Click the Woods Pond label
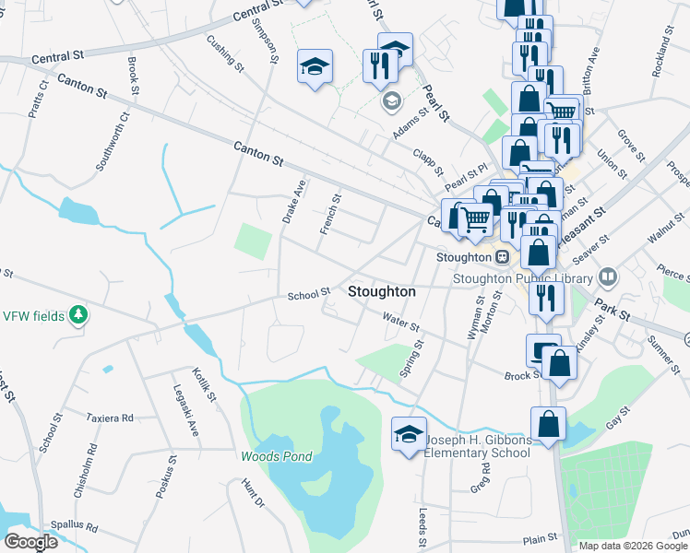pyautogui.click(x=277, y=456)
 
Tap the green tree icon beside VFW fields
pyautogui.click(x=79, y=316)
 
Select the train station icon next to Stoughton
pyautogui.click(x=503, y=257)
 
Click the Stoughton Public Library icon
pyautogui.click(x=607, y=276)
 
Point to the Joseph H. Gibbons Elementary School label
pyautogui.click(x=477, y=447)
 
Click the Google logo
pyautogui.click(x=30, y=541)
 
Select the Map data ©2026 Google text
pyautogui.click(x=633, y=546)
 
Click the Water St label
pyautogui.click(x=401, y=323)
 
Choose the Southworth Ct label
pyautogui.click(x=113, y=143)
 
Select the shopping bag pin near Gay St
pyautogui.click(x=548, y=425)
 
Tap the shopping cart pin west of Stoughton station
pyautogui.click(x=475, y=219)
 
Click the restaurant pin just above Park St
pyautogui.click(x=546, y=297)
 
